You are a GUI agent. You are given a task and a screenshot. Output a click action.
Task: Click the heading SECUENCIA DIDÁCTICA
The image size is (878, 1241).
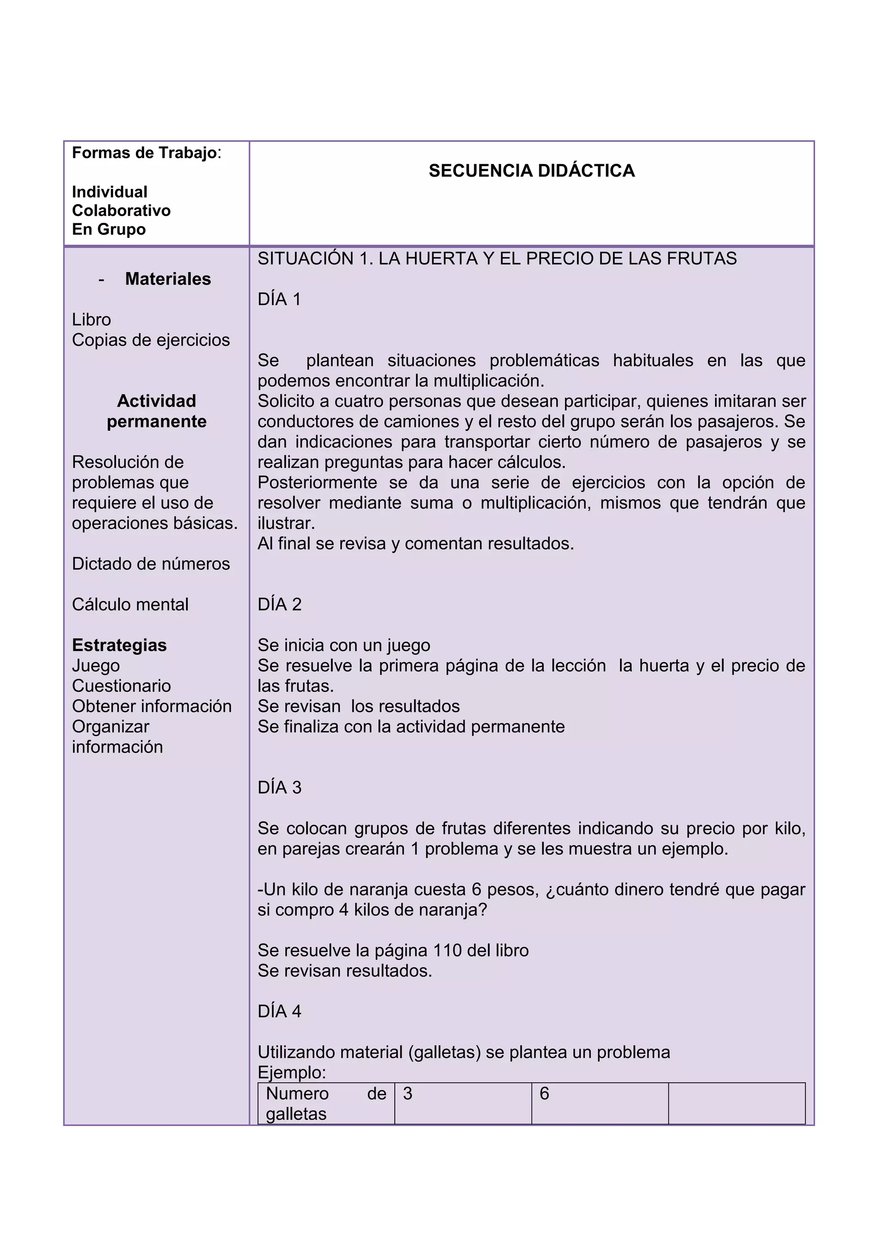point(532,171)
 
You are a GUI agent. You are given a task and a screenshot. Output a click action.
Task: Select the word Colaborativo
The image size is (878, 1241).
point(121,211)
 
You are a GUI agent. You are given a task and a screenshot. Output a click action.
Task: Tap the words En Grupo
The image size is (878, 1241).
point(108,229)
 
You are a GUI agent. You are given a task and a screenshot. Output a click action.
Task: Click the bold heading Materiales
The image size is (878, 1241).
point(168,279)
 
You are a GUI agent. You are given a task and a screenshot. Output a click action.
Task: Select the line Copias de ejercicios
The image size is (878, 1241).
point(151,340)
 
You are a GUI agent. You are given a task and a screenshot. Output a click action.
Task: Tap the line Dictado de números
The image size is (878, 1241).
point(151,564)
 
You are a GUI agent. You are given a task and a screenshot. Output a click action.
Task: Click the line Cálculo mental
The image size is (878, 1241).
point(130,604)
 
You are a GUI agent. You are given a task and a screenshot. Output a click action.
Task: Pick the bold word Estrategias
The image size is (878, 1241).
point(119,645)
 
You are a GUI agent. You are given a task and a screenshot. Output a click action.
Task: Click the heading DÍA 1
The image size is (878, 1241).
point(279,300)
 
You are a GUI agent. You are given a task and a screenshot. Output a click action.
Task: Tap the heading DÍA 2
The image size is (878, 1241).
point(280,604)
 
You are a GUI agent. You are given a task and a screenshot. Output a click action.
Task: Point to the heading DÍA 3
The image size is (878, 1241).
point(280,788)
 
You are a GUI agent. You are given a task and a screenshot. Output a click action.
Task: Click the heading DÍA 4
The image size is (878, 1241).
point(280,1011)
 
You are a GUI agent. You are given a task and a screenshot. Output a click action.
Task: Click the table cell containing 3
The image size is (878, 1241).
point(462,1103)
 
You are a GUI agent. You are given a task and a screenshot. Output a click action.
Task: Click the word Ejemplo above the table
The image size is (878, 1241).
point(292,1072)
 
